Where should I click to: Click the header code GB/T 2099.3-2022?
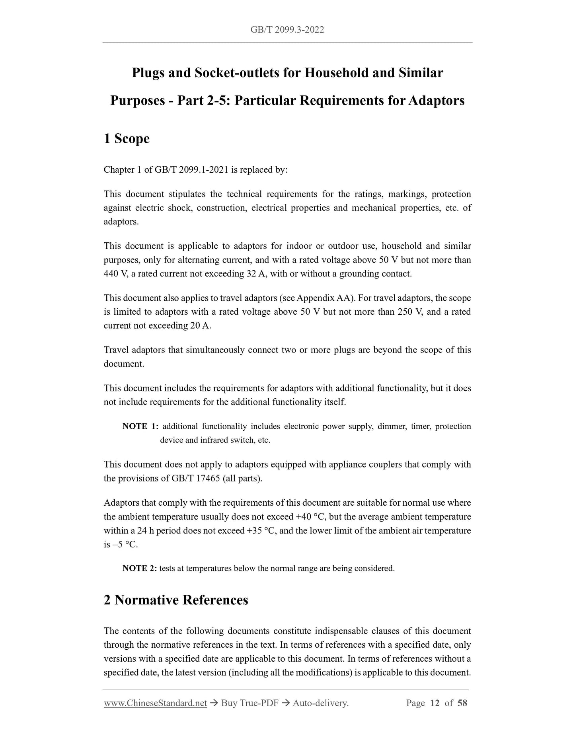287,29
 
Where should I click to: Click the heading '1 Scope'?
127,138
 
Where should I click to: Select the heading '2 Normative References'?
176,600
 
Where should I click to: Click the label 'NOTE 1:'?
140,426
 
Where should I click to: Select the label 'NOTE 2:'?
140,568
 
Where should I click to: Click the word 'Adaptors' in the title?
437,100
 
